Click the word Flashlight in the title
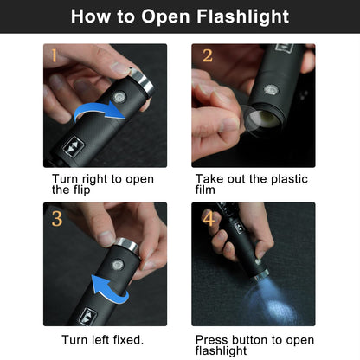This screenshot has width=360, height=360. coord(242,16)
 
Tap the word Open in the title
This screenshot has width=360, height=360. coord(165,17)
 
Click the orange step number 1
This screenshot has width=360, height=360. coord(54,55)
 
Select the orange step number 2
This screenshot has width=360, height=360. coord(208,55)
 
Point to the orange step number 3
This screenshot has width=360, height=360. coord(57,219)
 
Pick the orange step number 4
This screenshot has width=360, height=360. coord(209,218)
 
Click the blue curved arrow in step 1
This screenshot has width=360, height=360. coord(100,112)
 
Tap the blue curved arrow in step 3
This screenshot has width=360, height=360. coord(108,288)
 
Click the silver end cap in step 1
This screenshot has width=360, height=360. coord(142,82)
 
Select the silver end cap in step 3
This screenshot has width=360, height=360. coord(127,246)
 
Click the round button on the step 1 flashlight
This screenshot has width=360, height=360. coord(119,97)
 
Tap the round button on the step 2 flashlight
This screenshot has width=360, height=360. coord(271,90)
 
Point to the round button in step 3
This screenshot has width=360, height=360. coord(118,265)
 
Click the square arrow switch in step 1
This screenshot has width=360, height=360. coord(73,146)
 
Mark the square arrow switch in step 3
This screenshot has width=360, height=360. coord(87,317)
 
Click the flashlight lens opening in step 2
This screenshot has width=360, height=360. coord(264,119)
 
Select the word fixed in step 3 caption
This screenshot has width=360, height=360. coord(128,340)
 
